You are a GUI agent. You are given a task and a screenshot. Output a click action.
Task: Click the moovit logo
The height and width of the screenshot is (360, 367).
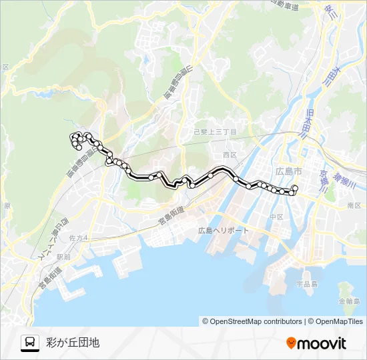316,343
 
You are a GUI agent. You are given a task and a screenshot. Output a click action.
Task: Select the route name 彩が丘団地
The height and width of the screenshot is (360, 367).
73,343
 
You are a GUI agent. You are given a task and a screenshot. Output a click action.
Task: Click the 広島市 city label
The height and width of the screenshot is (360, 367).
288,171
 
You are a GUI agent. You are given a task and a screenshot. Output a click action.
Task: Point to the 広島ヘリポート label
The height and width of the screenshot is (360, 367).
224,231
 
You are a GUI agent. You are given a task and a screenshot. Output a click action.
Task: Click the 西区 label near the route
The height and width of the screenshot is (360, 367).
230,154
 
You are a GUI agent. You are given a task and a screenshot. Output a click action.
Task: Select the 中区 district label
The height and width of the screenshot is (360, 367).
277,217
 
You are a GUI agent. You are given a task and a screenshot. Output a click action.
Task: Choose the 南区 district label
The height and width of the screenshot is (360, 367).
354,207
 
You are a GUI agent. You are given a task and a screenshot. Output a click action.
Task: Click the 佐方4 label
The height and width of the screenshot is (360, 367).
78,237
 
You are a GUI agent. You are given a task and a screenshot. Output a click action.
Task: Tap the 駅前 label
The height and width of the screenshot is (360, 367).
63,257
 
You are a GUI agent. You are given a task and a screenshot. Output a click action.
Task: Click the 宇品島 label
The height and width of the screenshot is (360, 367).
307,283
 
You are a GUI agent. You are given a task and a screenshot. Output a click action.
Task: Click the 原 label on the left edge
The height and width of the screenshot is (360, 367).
7,207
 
